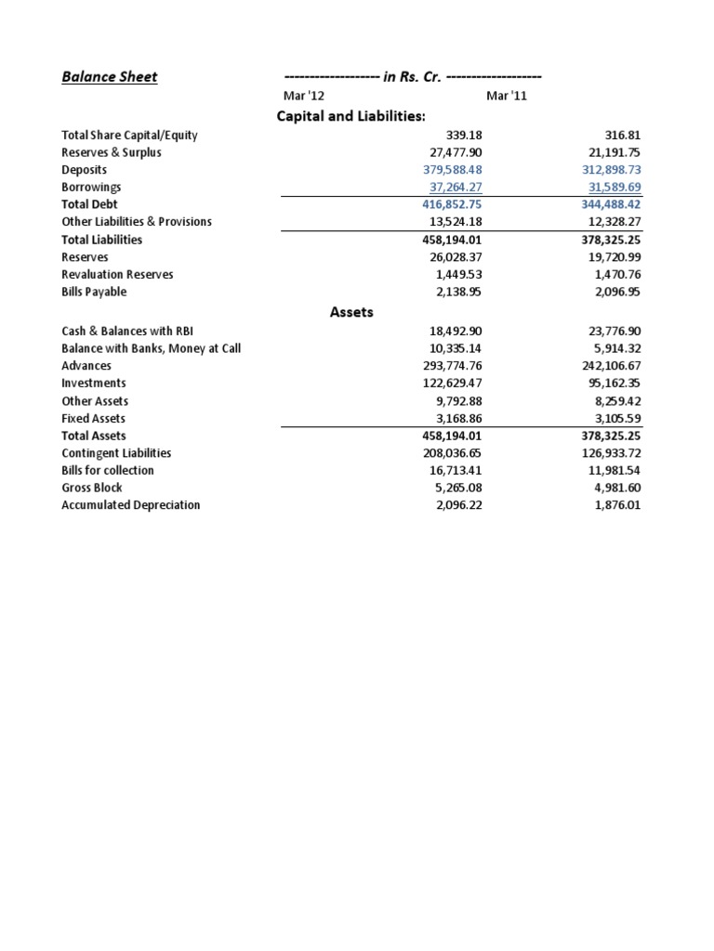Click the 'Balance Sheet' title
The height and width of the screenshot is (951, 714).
tap(109, 77)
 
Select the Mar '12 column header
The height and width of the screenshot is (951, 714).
tap(304, 97)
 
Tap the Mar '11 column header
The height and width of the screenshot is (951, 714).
tap(506, 97)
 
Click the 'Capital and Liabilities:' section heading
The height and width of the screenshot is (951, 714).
tap(350, 116)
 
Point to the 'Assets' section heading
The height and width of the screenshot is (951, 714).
tap(351, 312)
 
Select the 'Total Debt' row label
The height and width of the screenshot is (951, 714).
tap(89, 204)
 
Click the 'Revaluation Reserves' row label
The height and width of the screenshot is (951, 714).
tap(117, 275)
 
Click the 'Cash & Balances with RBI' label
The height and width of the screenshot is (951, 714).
tap(127, 331)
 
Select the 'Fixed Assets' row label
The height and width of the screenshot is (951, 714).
tap(93, 419)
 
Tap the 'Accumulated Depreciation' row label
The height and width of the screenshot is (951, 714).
tap(130, 505)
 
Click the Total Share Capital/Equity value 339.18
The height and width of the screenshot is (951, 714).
tap(462, 136)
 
